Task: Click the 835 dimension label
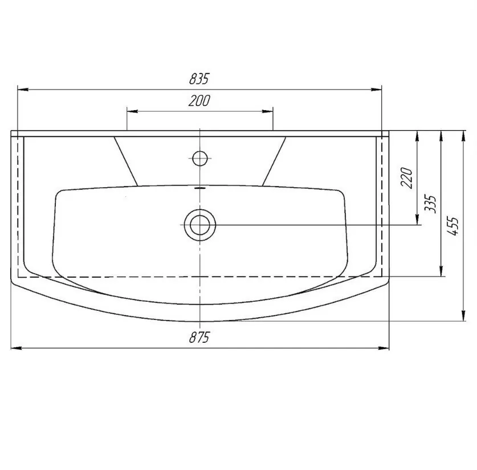click(x=199, y=79)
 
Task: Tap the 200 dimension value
click(x=199, y=101)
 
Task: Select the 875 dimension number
click(x=199, y=337)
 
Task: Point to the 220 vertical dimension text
click(x=407, y=178)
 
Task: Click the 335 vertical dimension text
click(x=430, y=204)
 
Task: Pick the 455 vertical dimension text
click(x=452, y=226)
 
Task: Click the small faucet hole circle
click(x=200, y=159)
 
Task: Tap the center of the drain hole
click(x=200, y=225)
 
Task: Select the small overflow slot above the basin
click(x=199, y=188)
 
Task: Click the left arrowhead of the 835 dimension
click(x=23, y=90)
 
